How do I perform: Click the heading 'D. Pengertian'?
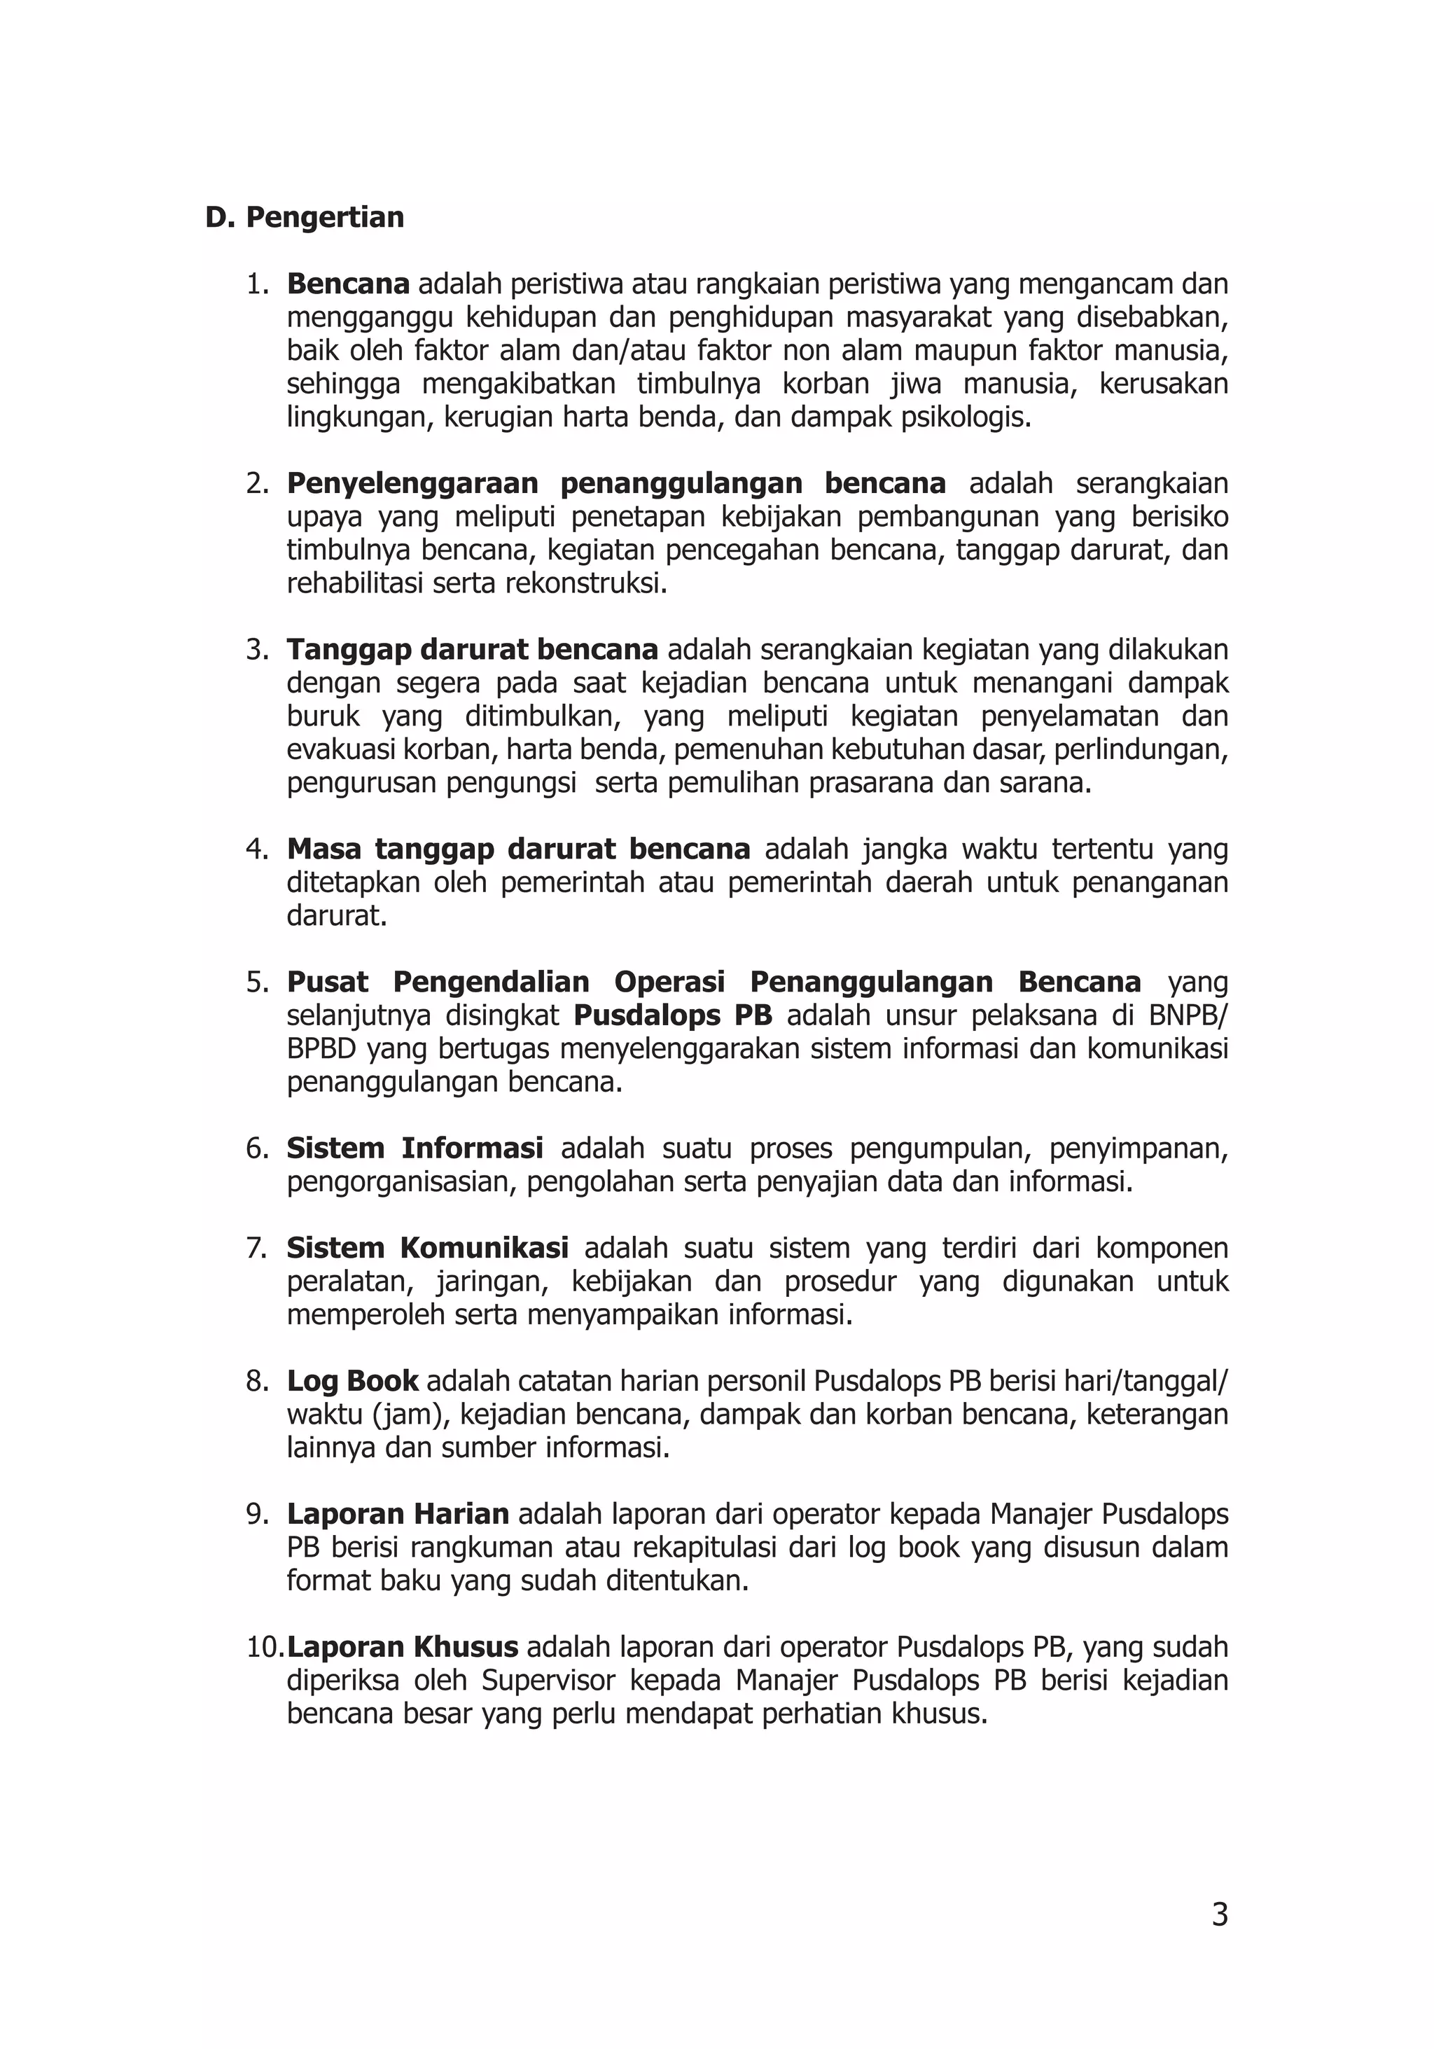click(x=305, y=217)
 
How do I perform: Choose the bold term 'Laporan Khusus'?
click(x=403, y=1646)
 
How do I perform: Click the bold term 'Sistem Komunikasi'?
click(x=427, y=1248)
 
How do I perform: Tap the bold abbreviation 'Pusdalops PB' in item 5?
click(x=673, y=1015)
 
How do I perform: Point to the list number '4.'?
click(x=258, y=849)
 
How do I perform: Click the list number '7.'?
click(x=258, y=1248)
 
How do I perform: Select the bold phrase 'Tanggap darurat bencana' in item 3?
click(x=472, y=650)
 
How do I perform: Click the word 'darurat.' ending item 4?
click(x=337, y=916)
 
